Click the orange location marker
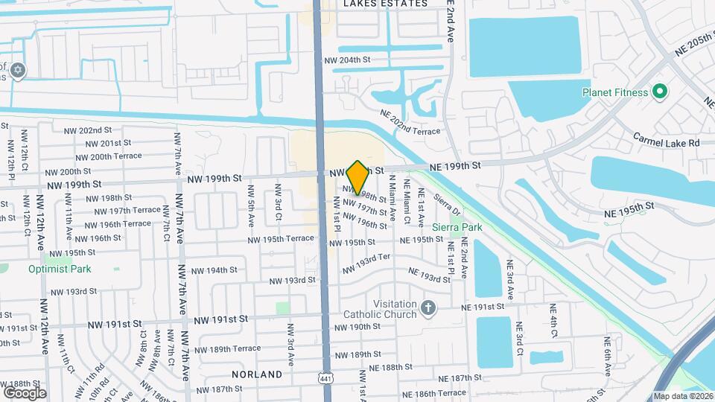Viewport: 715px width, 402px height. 357,177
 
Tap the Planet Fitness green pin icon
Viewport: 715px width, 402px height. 658,92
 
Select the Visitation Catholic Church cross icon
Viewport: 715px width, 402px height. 428,307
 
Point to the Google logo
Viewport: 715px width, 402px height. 25,392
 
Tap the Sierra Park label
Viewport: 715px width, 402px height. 457,227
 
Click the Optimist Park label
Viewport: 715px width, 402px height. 60,269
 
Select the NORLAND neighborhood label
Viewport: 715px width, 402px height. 256,374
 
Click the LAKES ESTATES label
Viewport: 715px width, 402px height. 386,4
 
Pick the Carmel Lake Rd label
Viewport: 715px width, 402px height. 667,141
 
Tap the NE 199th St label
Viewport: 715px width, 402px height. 457,165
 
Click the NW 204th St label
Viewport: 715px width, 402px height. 346,60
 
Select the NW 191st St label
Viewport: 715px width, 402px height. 220,319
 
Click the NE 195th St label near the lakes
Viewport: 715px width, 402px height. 629,205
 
